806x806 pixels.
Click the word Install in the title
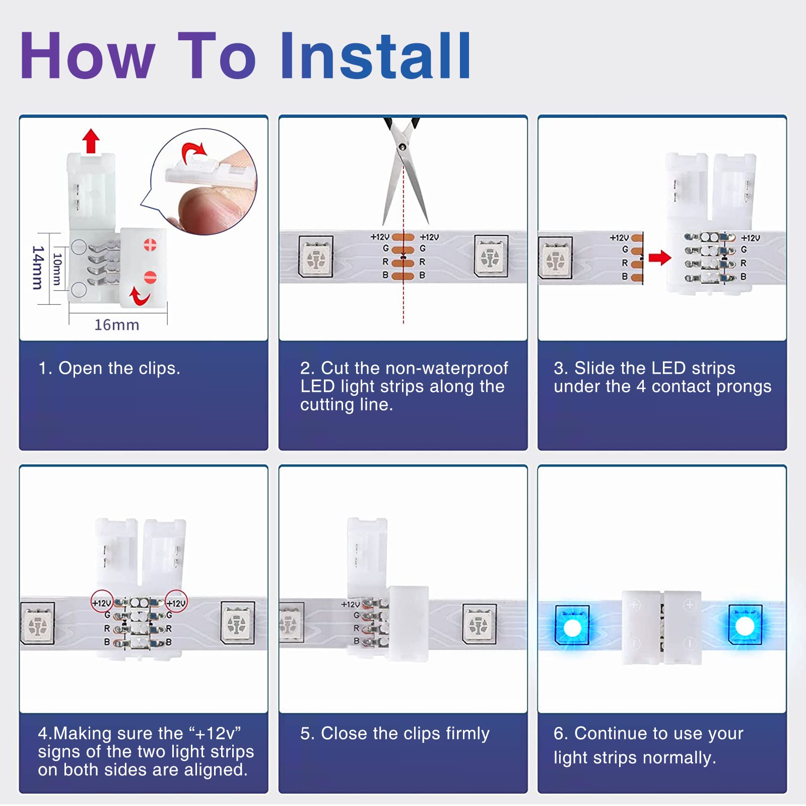375,55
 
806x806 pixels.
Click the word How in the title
87,55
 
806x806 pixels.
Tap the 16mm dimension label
117,325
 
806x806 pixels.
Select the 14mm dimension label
38,267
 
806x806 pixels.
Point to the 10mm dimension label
57,270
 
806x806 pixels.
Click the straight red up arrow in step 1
91,141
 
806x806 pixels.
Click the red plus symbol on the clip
150,245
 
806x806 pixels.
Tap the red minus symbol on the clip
150,277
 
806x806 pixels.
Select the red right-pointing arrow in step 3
660,258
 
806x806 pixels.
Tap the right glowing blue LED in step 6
745,625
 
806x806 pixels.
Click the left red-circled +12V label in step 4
101,602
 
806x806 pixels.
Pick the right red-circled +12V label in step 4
176,602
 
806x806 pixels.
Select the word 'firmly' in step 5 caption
467,733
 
